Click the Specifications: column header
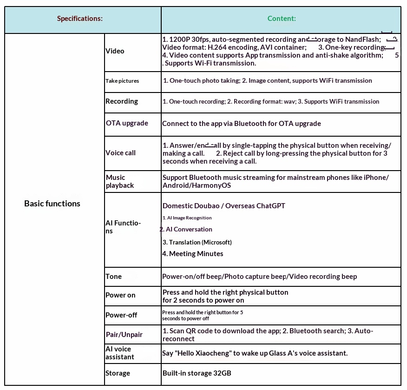79,19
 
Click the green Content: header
282,19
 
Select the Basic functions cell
52,204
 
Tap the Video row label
115,51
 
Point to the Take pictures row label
122,81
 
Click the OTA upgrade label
127,123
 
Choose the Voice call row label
120,153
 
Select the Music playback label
119,181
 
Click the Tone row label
113,277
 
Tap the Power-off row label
121,315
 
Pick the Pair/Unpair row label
124,335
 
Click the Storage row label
118,373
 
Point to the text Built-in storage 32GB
197,373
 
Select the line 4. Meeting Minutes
193,254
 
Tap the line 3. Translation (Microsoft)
197,242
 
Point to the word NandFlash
362,40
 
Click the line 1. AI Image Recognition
187,218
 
